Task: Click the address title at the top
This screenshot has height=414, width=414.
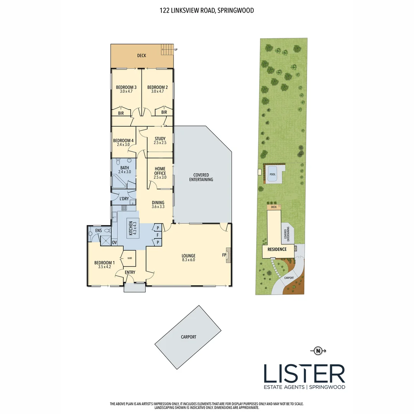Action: [207, 11]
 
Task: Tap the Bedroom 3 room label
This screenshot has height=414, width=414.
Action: [126, 87]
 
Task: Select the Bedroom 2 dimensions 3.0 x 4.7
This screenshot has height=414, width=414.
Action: [157, 92]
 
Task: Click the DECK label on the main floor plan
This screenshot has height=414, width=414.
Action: [141, 56]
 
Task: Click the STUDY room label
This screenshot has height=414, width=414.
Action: [159, 139]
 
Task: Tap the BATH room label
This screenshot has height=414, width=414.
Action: [125, 168]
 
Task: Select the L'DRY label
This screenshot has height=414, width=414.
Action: [124, 199]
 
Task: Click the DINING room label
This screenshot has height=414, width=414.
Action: [158, 203]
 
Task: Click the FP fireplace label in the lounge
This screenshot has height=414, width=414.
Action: [224, 254]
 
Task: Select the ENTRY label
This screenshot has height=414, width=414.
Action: [130, 273]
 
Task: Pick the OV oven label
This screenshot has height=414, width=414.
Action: [114, 242]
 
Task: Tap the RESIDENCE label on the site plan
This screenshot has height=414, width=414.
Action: [277, 249]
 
